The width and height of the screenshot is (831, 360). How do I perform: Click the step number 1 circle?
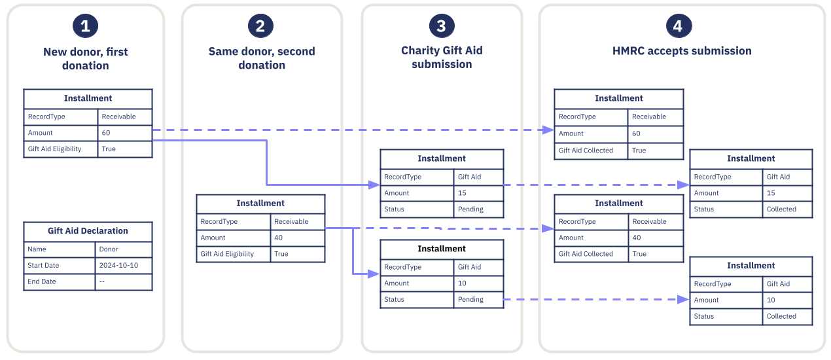(x=85, y=26)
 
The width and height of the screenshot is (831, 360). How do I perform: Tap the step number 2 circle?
(x=260, y=26)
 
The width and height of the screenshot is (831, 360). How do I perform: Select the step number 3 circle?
(x=442, y=26)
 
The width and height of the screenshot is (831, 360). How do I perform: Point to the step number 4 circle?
(x=679, y=26)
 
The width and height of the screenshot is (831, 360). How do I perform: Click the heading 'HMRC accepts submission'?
(x=682, y=51)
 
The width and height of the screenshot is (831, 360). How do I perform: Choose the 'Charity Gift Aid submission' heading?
(x=442, y=58)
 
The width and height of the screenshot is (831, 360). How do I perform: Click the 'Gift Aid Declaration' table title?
(x=88, y=231)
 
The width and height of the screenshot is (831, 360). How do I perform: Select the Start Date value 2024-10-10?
(x=118, y=265)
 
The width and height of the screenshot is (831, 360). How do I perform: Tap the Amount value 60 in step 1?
(x=106, y=133)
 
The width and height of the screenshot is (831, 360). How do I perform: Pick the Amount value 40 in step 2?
(x=278, y=238)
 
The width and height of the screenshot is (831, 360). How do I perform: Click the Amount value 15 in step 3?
(x=462, y=193)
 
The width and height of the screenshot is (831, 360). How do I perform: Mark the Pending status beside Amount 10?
(x=470, y=299)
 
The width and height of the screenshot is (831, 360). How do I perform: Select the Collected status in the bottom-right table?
(x=781, y=316)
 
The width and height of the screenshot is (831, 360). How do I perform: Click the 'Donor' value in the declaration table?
(x=109, y=249)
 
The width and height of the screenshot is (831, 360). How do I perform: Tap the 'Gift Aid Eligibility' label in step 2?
(x=227, y=254)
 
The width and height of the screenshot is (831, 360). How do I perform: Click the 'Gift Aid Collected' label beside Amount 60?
(x=586, y=150)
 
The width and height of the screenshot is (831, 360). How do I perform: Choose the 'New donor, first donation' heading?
(x=85, y=58)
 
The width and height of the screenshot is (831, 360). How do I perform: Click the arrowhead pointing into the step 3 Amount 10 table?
(x=376, y=274)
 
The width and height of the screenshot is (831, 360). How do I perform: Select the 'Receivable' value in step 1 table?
(x=118, y=117)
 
